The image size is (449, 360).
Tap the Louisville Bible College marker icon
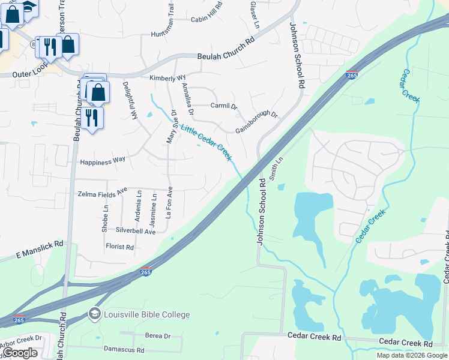tap(94, 314)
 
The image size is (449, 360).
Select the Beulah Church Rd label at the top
tap(226, 56)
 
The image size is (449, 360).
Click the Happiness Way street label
tap(103, 160)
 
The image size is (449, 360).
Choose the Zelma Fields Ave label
tap(103, 193)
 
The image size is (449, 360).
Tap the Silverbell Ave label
tap(136, 231)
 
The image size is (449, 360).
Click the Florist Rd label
tap(119, 247)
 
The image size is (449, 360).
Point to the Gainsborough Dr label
tap(256, 122)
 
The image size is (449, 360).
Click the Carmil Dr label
tap(224, 106)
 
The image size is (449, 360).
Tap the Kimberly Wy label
tap(167, 78)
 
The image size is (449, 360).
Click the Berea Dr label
tap(158, 335)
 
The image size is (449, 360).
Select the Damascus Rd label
tap(124, 350)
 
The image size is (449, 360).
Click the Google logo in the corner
tap(20, 353)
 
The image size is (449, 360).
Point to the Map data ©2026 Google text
tap(411, 355)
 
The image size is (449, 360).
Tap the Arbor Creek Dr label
tap(20, 338)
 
